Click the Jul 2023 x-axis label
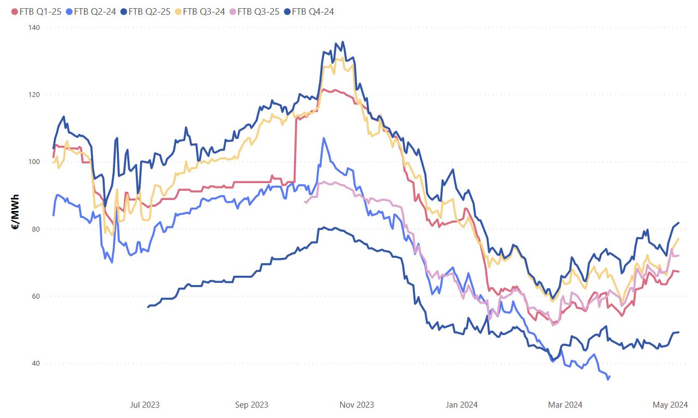[145, 405]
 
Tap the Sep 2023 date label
[251, 405]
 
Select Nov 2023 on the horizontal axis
[357, 405]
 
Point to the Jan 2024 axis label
[461, 405]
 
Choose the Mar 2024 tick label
[565, 405]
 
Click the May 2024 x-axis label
[670, 405]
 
